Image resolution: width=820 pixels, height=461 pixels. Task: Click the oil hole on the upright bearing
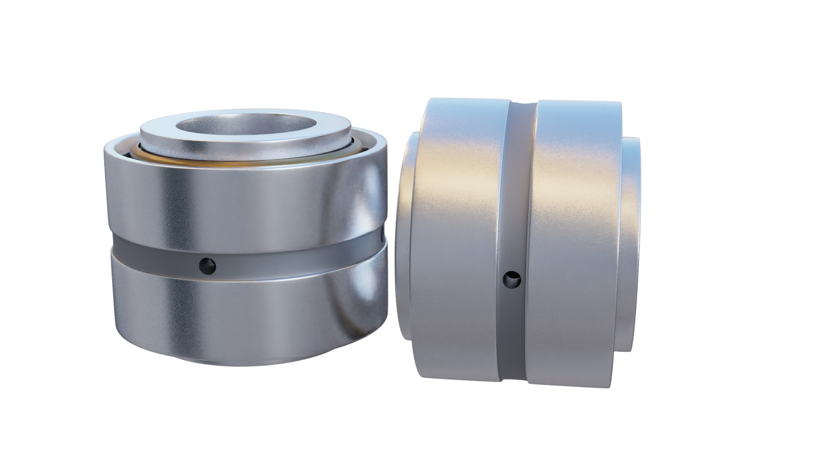[208, 266]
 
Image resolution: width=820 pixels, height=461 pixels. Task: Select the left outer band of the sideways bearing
[457, 239]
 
